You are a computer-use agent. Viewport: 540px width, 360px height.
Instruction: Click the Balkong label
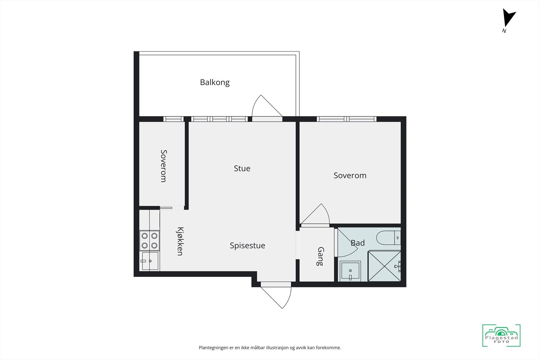[x=215, y=82]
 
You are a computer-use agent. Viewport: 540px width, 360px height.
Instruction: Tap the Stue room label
[x=242, y=168]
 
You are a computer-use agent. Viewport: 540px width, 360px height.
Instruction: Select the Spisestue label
[x=247, y=246]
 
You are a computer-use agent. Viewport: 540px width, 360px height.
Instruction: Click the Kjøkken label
[x=180, y=241]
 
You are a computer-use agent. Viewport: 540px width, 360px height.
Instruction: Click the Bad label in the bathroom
[x=358, y=243]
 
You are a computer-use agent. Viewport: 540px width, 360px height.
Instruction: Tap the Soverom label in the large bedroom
[x=350, y=175]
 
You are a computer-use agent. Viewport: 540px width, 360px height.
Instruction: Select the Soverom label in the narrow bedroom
[x=163, y=166]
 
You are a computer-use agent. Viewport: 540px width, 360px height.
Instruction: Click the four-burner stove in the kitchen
[x=150, y=241]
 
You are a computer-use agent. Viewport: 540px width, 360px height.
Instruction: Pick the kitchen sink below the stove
[x=150, y=261]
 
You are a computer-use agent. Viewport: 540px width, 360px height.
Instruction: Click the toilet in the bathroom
[x=388, y=238]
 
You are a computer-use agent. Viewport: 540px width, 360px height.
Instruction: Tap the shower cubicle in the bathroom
[x=384, y=266]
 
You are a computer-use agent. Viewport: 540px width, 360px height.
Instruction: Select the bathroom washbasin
[x=350, y=271]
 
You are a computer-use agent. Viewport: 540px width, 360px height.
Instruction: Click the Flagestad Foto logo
[x=501, y=336]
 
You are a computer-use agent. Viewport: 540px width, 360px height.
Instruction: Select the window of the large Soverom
[x=347, y=119]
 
